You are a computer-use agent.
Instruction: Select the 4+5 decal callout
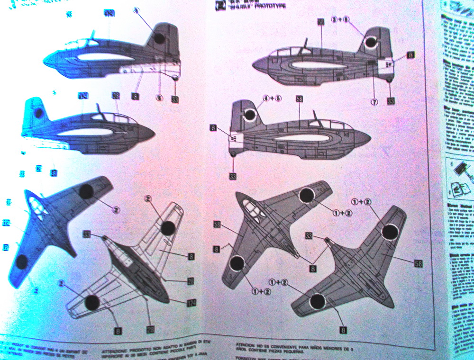[x=272, y=99]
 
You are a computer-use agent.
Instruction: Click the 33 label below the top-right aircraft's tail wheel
[x=391, y=100]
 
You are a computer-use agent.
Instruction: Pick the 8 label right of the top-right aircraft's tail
[x=410, y=55]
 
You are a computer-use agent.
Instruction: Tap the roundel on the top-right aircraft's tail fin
[x=370, y=44]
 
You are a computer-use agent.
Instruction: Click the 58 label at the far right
[x=419, y=263]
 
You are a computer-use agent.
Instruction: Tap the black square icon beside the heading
[x=219, y=5]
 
